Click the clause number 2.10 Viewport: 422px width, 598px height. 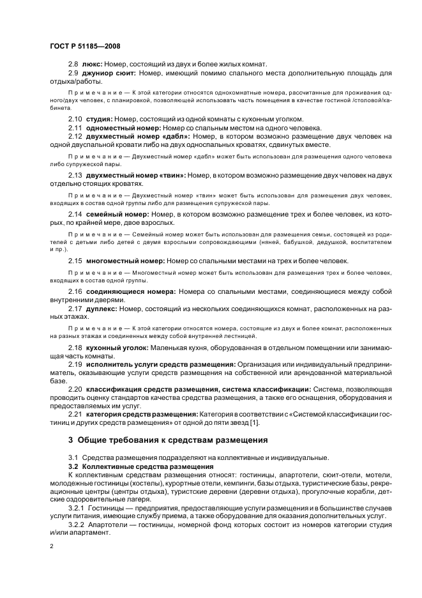[x=75, y=119]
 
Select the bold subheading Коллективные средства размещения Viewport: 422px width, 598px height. [x=147, y=467]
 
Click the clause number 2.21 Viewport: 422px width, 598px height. [x=75, y=414]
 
